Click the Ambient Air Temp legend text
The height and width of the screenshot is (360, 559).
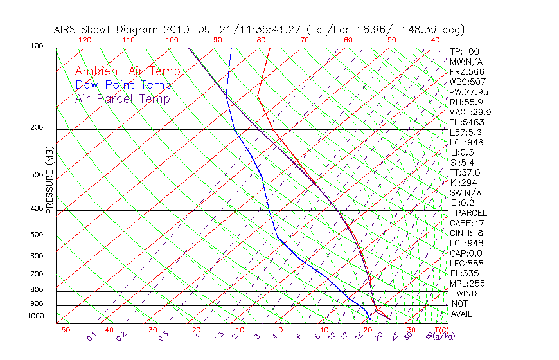click(127, 71)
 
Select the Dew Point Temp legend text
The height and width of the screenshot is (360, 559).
click(123, 85)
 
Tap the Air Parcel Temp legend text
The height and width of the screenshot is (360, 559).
click(123, 98)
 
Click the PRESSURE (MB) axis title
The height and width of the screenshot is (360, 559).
click(49, 183)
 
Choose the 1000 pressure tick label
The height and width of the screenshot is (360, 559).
click(36, 316)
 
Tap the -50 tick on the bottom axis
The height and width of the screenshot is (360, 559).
click(62, 330)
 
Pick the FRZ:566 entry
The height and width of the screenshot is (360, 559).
click(466, 71)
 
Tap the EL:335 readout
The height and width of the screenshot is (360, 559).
click(464, 273)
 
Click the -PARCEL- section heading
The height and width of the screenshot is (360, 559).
click(472, 213)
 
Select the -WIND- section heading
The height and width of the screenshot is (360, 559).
click(467, 293)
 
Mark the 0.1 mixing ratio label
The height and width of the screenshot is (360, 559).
click(91, 335)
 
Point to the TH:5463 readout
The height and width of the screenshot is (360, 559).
click(466, 122)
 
